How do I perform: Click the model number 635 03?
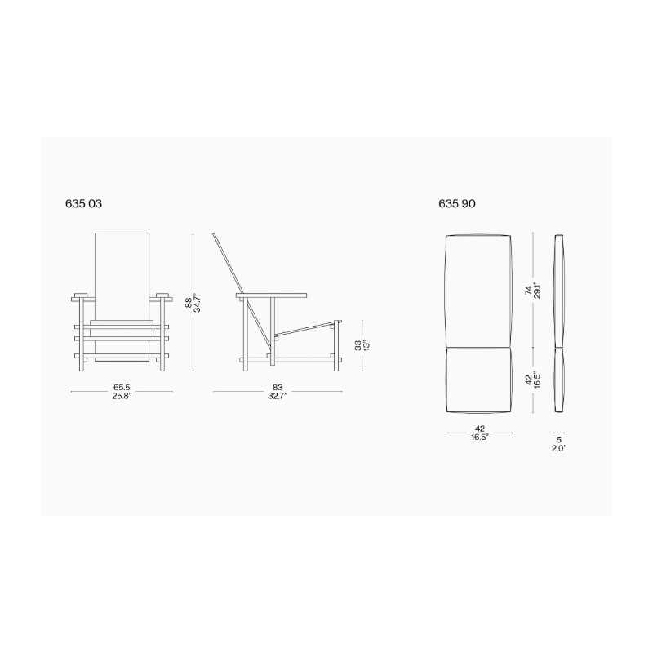[84, 203]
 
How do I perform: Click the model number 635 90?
[457, 203]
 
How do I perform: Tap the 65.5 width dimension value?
[122, 388]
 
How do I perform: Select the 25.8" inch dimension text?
[122, 396]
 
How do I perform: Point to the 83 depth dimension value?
[278, 388]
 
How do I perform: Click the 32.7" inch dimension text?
[278, 396]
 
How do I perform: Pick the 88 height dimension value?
[189, 302]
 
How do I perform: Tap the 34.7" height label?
[198, 303]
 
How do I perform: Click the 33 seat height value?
[358, 345]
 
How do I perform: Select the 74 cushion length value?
[528, 291]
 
